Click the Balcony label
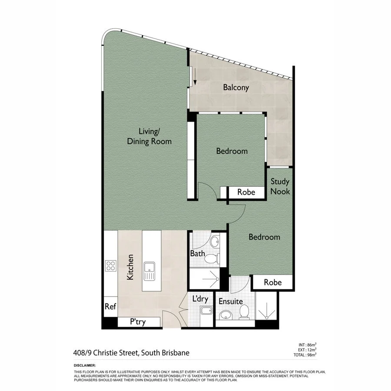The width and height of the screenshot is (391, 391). (236, 87)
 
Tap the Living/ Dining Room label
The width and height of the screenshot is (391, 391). (149, 136)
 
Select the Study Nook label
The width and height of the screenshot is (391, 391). (280, 186)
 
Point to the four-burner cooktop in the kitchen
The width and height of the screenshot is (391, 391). (111, 265)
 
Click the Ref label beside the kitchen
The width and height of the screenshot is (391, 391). (110, 306)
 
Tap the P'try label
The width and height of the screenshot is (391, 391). (138, 322)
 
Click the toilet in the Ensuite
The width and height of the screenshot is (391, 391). (244, 311)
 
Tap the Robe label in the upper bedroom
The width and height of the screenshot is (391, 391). (246, 192)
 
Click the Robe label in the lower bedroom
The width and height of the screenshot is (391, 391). (272, 282)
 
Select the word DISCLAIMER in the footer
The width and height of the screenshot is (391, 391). (85, 366)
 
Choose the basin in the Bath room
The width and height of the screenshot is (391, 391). (215, 242)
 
